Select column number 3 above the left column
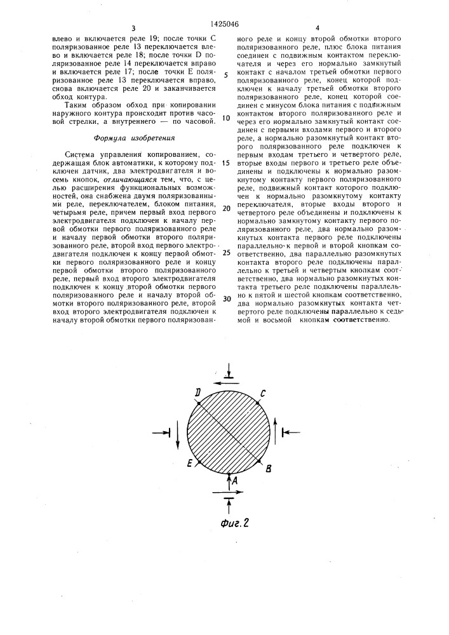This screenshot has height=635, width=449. pos(133,28)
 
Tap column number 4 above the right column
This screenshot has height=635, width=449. pos(316,28)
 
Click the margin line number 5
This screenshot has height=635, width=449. pos(227,74)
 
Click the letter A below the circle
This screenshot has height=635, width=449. pos(236,481)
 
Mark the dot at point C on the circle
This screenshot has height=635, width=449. pos(258,402)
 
